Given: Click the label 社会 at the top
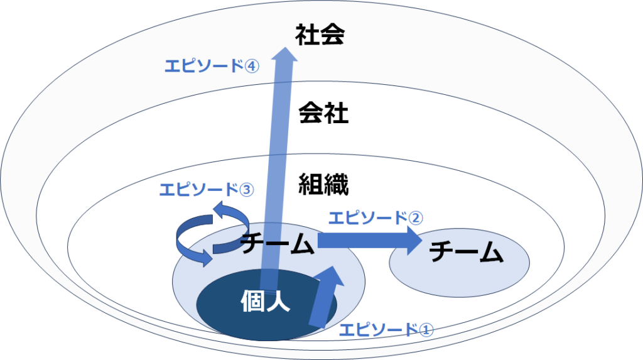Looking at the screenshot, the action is [320, 35].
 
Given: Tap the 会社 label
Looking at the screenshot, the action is [323, 112].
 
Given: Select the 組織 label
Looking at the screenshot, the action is [323, 184].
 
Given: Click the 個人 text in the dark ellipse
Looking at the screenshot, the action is [266, 301].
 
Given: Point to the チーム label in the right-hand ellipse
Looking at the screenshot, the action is [467, 252].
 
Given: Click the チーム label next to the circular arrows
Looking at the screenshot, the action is [277, 243].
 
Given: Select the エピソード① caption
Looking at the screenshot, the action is [386, 329].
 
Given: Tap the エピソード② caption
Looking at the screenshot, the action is [376, 218].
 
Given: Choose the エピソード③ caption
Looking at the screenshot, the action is [207, 190].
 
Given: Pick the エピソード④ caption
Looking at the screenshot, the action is [212, 66].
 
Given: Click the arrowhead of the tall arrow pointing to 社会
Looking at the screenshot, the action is [286, 54].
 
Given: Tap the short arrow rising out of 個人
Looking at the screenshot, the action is [327, 297].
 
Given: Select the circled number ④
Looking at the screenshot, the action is [252, 66].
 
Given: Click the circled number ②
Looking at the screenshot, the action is [416, 219].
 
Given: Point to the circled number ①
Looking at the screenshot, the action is [426, 330].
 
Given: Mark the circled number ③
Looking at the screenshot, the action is [247, 190].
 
